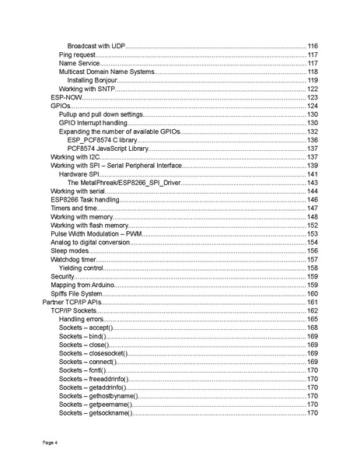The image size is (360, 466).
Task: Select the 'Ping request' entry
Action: pos(77,55)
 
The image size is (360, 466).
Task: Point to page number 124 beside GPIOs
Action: pos(313,106)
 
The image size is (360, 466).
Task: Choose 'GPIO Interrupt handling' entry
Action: pos(93,123)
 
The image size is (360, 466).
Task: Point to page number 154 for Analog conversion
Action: pos(313,242)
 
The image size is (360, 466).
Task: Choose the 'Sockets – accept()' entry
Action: pos(86,328)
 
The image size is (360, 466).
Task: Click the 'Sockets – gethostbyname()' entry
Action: pos(96,396)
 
